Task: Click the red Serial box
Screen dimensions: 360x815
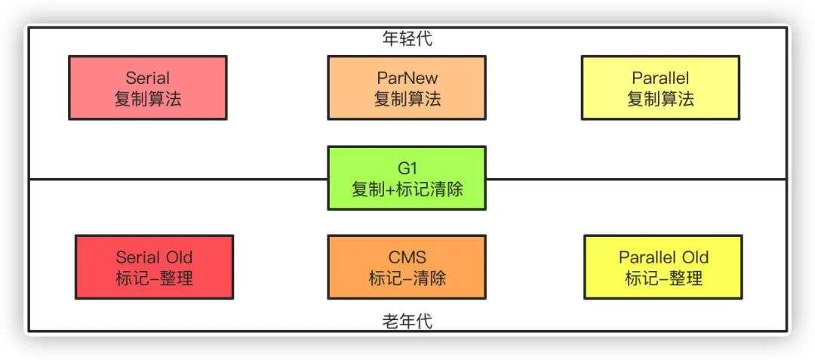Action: click(147, 88)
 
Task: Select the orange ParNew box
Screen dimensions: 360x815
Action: click(407, 88)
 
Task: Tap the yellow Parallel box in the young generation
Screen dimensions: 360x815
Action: click(660, 88)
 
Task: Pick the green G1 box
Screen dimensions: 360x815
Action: click(407, 178)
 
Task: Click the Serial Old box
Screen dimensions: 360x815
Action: click(154, 267)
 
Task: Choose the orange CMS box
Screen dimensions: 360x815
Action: click(407, 267)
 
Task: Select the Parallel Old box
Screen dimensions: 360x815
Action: click(663, 267)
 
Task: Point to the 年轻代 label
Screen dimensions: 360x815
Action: click(407, 38)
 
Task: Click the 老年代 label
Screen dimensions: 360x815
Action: click(407, 322)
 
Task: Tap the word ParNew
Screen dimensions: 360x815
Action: click(407, 78)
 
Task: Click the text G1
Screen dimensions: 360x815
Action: click(407, 168)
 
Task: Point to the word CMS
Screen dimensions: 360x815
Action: click(407, 257)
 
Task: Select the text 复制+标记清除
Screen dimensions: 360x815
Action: click(407, 189)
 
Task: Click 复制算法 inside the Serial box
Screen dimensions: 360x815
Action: click(147, 99)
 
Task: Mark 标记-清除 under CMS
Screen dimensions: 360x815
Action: click(407, 278)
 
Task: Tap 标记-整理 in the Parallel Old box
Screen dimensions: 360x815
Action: click(663, 278)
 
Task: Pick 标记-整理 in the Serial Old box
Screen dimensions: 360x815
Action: click(154, 278)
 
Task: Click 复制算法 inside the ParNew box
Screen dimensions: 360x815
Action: click(407, 99)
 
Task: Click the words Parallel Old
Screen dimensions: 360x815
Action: click(663, 257)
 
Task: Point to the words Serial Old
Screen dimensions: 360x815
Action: click(154, 257)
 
